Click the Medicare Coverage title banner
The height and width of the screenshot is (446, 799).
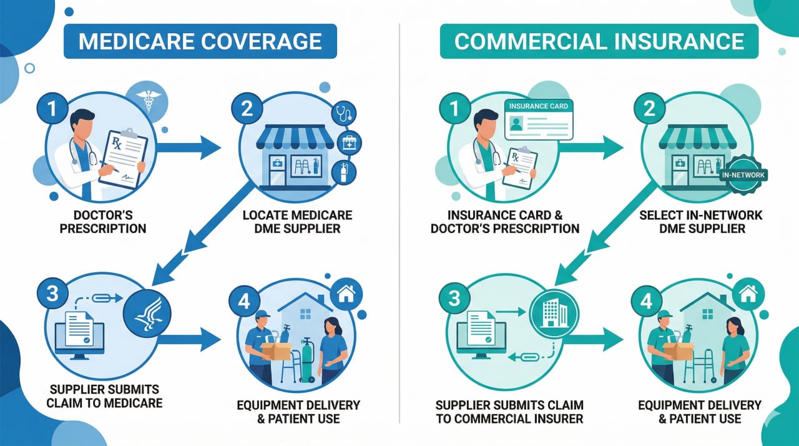[x=200, y=41]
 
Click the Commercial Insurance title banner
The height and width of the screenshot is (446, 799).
[x=599, y=41]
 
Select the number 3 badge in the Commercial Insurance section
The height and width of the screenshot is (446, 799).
[x=454, y=297]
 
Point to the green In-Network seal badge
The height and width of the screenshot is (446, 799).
[x=743, y=176]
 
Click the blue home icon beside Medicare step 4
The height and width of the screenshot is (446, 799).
[x=345, y=292]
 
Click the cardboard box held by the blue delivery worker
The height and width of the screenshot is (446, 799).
[x=275, y=350]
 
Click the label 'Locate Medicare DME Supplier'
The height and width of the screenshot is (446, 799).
[x=297, y=222]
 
